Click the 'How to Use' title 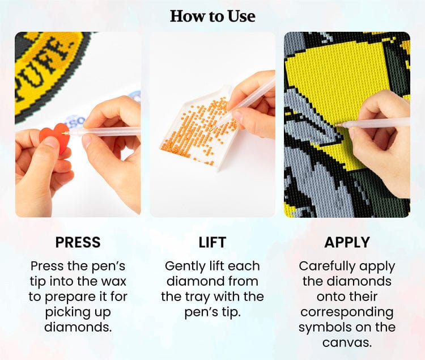coord(212,16)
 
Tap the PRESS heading coord(78,242)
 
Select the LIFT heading coord(212,242)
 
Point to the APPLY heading coord(347,242)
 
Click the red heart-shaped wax coord(54,137)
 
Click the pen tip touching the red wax coord(65,133)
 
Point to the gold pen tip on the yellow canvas coord(339,125)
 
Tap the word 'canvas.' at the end coord(347,342)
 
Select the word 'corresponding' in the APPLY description coord(347,312)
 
